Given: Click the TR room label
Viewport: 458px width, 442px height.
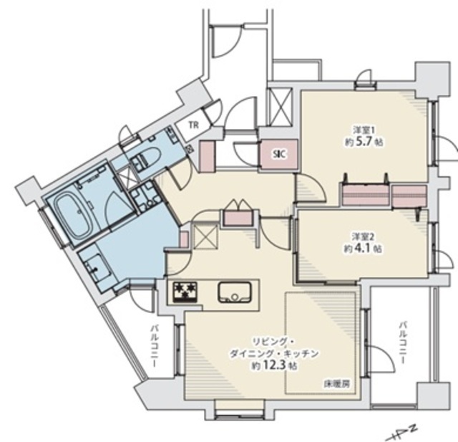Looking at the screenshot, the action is point(193,125).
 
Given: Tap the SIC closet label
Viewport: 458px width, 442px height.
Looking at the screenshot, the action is point(280,154).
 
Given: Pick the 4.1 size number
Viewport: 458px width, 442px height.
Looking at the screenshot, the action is point(363,249).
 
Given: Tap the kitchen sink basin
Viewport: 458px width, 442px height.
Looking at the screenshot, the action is point(234,292).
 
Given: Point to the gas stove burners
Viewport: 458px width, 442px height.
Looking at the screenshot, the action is point(185,291).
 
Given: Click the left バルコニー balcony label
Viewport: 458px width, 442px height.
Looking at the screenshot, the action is point(155,346).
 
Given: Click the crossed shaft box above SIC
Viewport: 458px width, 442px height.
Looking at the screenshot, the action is point(280,107).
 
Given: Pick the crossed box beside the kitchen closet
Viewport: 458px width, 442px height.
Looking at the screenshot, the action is point(205,236).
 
